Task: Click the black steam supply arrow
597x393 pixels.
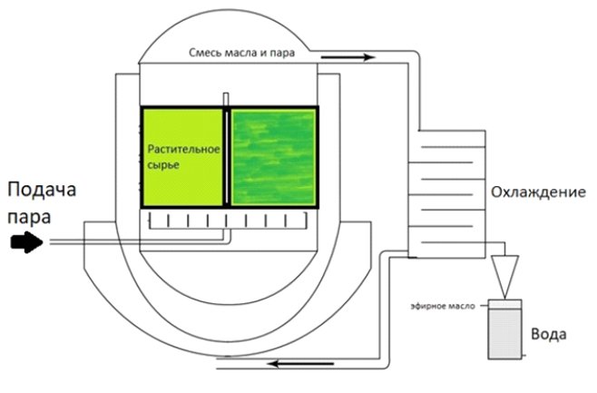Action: coord(26,241)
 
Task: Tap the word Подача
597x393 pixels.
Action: coord(42,190)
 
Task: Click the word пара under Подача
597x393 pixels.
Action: coord(29,218)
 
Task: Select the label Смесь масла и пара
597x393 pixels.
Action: coord(241,53)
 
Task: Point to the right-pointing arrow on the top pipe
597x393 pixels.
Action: coord(348,57)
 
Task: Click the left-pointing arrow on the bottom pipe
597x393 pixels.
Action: coord(301,364)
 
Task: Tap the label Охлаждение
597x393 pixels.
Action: coord(538,192)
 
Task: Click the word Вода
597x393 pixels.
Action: coord(549,334)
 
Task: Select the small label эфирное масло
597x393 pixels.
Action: coord(443,306)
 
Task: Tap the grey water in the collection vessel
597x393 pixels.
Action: coord(504,334)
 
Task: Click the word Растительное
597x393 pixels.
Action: coord(183,149)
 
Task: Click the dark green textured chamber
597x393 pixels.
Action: coord(273,157)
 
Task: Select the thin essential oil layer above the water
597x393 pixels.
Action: coord(504,304)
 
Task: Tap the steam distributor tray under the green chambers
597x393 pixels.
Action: coord(228,221)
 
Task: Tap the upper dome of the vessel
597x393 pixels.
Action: coord(228,36)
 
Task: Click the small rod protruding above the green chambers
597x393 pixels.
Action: coord(226,100)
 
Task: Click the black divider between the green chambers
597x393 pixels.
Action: coord(227,157)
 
